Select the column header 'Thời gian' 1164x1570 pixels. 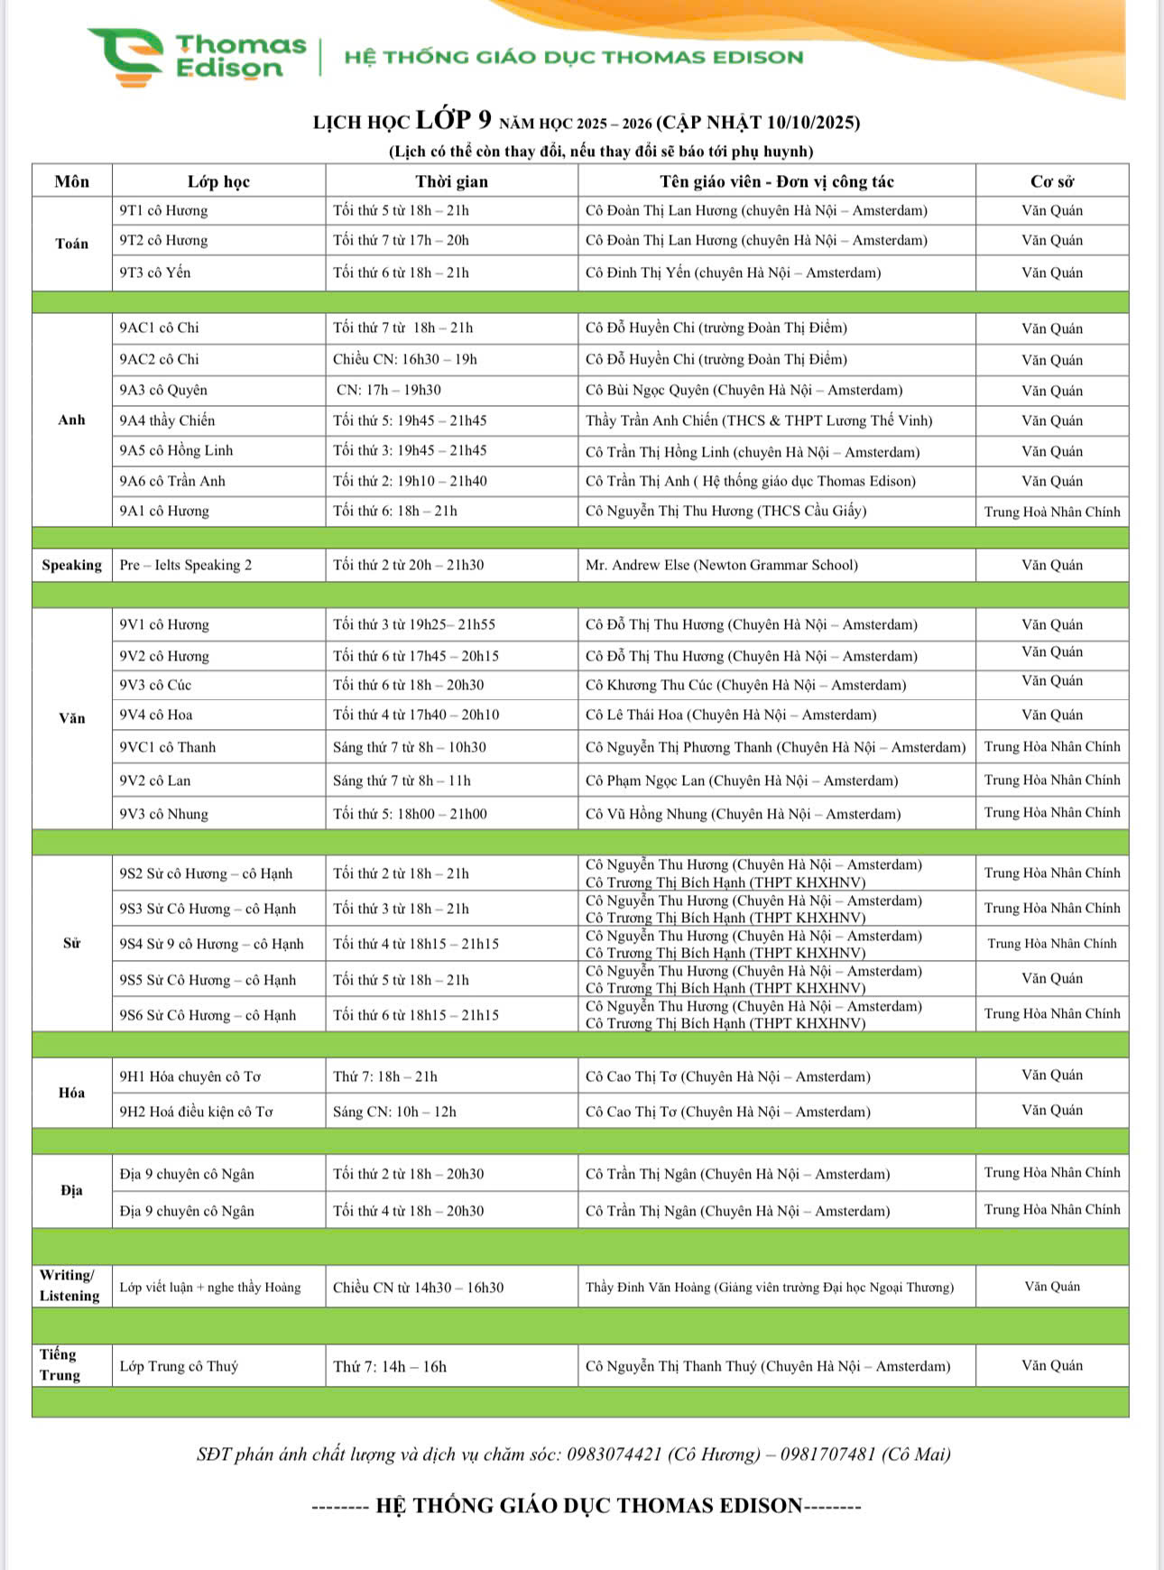pyautogui.click(x=451, y=181)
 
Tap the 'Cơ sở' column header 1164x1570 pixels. pyautogui.click(x=1051, y=181)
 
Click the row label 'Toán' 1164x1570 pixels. pyautogui.click(x=71, y=244)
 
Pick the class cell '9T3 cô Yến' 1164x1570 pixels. pyautogui.click(x=155, y=272)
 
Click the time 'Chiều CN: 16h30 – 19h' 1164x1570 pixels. pyautogui.click(x=405, y=359)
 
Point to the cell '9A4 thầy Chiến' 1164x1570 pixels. pyautogui.click(x=167, y=420)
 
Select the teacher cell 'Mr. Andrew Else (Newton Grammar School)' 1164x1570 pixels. pyautogui.click(x=721, y=565)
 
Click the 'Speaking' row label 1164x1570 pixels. pyautogui.click(x=71, y=565)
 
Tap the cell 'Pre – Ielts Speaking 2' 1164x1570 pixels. pyautogui.click(x=186, y=565)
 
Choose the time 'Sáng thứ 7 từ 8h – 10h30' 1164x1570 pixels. pyautogui.click(x=410, y=747)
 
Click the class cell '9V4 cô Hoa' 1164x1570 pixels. pyautogui.click(x=156, y=715)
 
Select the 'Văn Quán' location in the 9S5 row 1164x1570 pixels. pyautogui.click(x=1051, y=978)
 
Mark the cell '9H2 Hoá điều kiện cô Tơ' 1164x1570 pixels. pyautogui.click(x=196, y=1112)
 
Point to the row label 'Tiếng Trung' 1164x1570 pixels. pyautogui.click(x=60, y=1364)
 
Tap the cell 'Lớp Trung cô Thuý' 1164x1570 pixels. pyautogui.click(x=179, y=1366)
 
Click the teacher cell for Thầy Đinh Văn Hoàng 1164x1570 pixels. pyautogui.click(x=769, y=1287)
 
